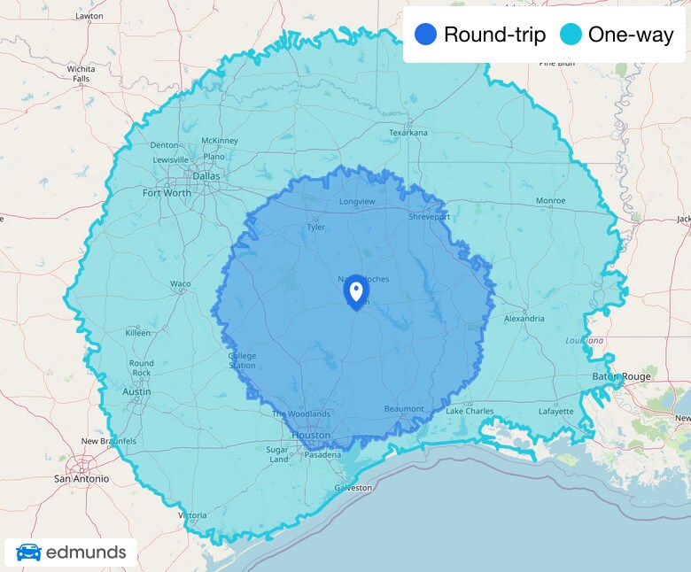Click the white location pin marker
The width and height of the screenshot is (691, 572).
(x=355, y=290)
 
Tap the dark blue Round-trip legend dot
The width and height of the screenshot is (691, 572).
(x=425, y=35)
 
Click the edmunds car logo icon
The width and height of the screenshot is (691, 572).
(x=28, y=553)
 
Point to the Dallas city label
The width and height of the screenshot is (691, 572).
(x=206, y=175)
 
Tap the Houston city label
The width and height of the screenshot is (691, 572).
(x=311, y=436)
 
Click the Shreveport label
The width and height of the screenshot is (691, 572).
(x=429, y=216)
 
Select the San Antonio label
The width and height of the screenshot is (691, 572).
(x=82, y=478)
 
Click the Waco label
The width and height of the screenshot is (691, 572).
(x=181, y=284)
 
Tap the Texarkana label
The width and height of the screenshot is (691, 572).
(x=408, y=133)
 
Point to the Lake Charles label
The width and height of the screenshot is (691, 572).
(x=470, y=412)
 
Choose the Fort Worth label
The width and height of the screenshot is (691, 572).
(x=167, y=192)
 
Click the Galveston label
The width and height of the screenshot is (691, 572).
(x=353, y=488)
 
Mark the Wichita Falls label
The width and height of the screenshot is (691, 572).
(x=81, y=73)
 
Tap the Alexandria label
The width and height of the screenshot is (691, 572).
(x=524, y=318)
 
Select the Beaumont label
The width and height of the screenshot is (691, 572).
(x=404, y=408)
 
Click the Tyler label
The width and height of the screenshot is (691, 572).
(x=315, y=228)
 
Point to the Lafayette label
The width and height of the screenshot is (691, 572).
(x=556, y=412)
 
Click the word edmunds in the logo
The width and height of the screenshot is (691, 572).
(x=86, y=553)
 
